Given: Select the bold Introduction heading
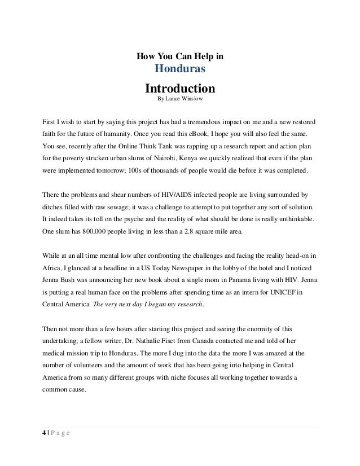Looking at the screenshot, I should [x=180, y=89].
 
